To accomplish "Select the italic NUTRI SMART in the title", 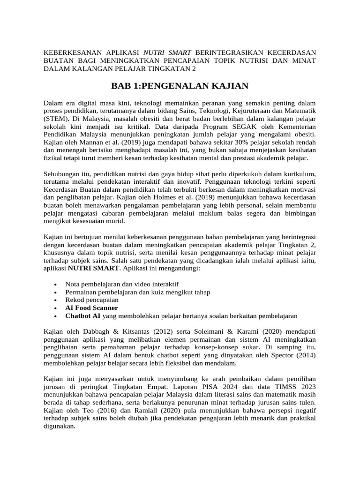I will click(168, 52).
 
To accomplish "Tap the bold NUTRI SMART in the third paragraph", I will click(94, 269).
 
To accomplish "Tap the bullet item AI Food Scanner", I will click(91, 308).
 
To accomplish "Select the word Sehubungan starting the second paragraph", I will click(62, 172).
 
